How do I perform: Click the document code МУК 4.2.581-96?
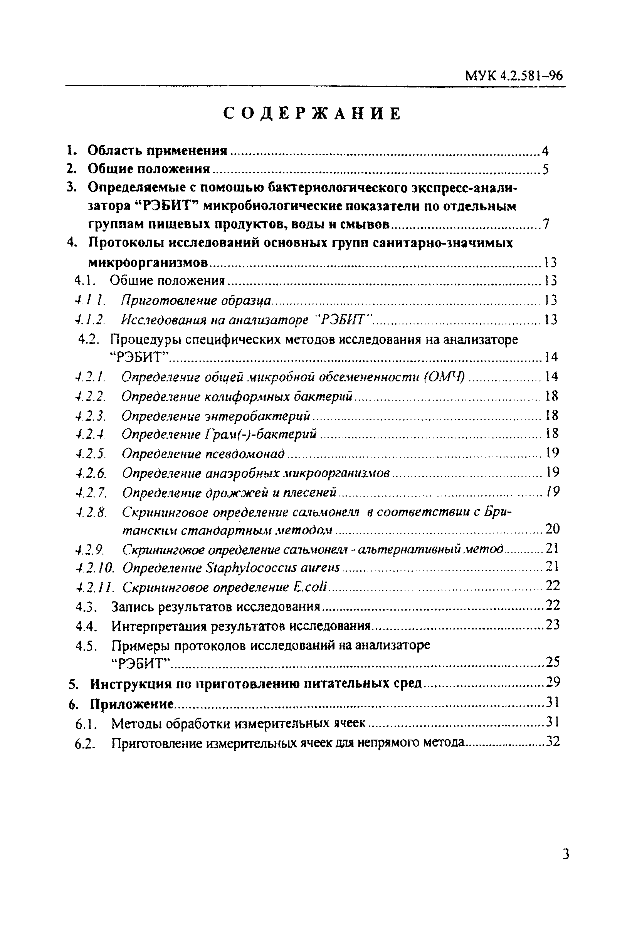pyautogui.click(x=514, y=76)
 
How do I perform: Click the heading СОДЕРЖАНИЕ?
pyautogui.click(x=312, y=114)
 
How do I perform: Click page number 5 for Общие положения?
pyautogui.click(x=545, y=169)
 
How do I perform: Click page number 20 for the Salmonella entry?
pyautogui.click(x=552, y=529)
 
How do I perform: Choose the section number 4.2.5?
pyautogui.click(x=91, y=454)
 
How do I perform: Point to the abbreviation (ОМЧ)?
pyautogui.click(x=445, y=377)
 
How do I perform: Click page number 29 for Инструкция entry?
pyautogui.click(x=553, y=682)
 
